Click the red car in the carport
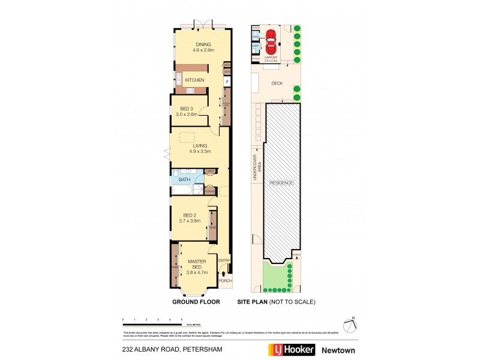(271, 41)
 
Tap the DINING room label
(202, 44)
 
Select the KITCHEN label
(194, 80)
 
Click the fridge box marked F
(227, 81)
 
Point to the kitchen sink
(178, 77)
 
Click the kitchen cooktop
(190, 90)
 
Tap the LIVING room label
(200, 146)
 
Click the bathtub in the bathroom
(181, 191)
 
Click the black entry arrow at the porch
(224, 274)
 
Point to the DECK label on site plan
(276, 83)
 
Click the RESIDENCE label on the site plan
(281, 182)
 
